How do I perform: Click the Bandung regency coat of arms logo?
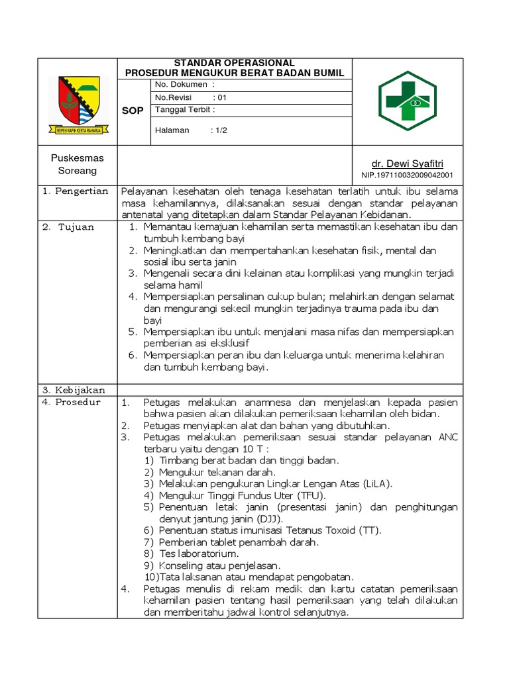[x=78, y=105]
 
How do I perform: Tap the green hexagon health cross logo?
[x=408, y=100]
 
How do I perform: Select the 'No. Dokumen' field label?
[x=184, y=85]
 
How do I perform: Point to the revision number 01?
[x=223, y=97]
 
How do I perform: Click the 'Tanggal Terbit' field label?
[x=185, y=110]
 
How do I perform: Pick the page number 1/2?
[x=219, y=130]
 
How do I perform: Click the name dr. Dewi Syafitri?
[x=407, y=164]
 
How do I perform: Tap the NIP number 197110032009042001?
[x=407, y=175]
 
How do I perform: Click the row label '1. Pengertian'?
[x=75, y=191]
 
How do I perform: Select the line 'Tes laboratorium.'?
[x=199, y=554]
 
